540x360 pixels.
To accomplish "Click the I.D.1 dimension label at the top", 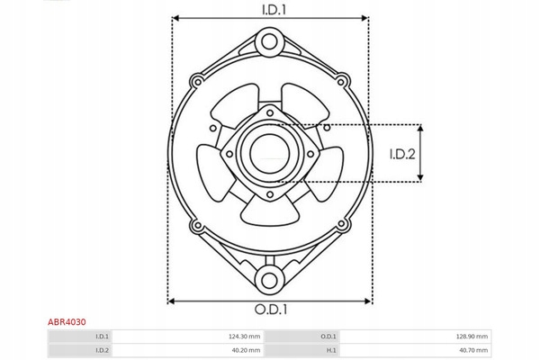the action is (274, 10).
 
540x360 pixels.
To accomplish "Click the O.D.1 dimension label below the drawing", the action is (271, 310).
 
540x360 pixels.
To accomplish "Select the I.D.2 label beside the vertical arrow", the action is (402, 154).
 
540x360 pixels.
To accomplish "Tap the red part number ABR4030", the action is (67, 322).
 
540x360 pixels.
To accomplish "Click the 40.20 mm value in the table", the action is (247, 350).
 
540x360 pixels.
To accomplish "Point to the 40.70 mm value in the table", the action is (473, 350).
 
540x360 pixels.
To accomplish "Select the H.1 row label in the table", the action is (331, 350).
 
